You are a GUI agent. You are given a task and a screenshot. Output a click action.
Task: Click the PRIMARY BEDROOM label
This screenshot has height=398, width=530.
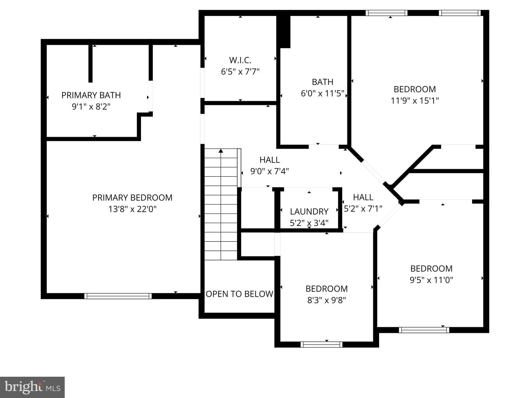(x=132, y=198)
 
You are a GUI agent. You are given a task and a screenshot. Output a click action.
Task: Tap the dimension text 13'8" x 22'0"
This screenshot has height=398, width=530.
(x=132, y=209)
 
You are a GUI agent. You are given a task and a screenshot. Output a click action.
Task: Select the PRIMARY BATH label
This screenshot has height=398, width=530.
(x=91, y=95)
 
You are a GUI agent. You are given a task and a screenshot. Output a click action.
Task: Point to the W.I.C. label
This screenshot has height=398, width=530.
(x=240, y=60)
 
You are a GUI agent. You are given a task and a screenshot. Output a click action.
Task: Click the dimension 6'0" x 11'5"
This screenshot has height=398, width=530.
(x=322, y=93)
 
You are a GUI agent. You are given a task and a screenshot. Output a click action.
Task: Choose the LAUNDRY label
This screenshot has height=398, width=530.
(x=309, y=212)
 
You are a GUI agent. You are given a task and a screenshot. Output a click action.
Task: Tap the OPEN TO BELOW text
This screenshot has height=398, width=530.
(x=239, y=294)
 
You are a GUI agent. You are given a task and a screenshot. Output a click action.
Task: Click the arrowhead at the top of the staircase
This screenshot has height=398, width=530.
(x=221, y=151)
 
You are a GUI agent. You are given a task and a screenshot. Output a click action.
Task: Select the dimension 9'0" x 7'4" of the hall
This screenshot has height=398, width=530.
(x=269, y=171)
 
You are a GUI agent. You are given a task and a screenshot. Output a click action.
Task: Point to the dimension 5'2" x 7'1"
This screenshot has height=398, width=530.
(x=363, y=209)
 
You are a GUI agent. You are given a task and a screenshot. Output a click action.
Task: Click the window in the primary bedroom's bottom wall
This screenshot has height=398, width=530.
(x=118, y=296)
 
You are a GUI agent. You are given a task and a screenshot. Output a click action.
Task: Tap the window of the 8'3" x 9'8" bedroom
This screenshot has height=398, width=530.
(x=321, y=345)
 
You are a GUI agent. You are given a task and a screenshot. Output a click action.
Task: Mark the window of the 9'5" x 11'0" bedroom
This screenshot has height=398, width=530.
(x=424, y=330)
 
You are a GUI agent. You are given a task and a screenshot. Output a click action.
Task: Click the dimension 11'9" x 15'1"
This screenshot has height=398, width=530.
(x=415, y=101)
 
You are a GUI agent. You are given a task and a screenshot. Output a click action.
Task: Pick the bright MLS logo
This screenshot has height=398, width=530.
(x=32, y=387)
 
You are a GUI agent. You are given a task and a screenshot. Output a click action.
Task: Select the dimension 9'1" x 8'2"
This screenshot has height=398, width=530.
(x=91, y=107)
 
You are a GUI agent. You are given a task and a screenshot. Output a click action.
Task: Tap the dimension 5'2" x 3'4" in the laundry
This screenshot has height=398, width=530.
(x=309, y=223)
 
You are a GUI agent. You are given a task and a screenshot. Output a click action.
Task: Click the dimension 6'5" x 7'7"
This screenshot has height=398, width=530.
(x=240, y=72)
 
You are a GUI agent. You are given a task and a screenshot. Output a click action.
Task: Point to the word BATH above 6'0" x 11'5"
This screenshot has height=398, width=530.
(x=322, y=82)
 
